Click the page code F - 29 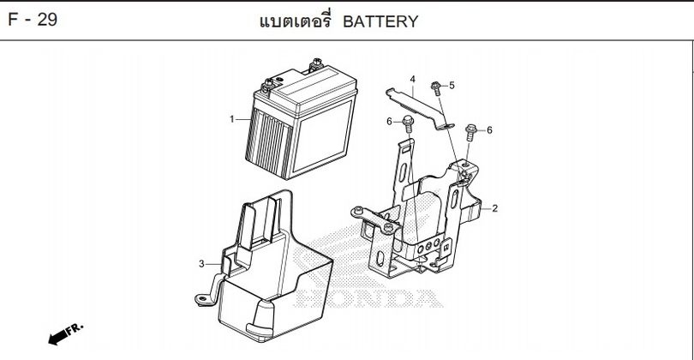(x=33, y=19)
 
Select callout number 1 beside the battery (x=231, y=118)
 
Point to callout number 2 (x=494, y=207)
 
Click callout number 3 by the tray (x=201, y=263)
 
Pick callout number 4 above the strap (x=412, y=80)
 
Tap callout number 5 (x=452, y=85)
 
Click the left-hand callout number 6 (x=389, y=122)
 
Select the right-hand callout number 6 (x=489, y=130)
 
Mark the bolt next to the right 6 (x=470, y=132)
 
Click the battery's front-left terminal (x=269, y=82)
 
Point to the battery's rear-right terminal (x=318, y=62)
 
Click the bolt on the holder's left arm (x=390, y=228)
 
